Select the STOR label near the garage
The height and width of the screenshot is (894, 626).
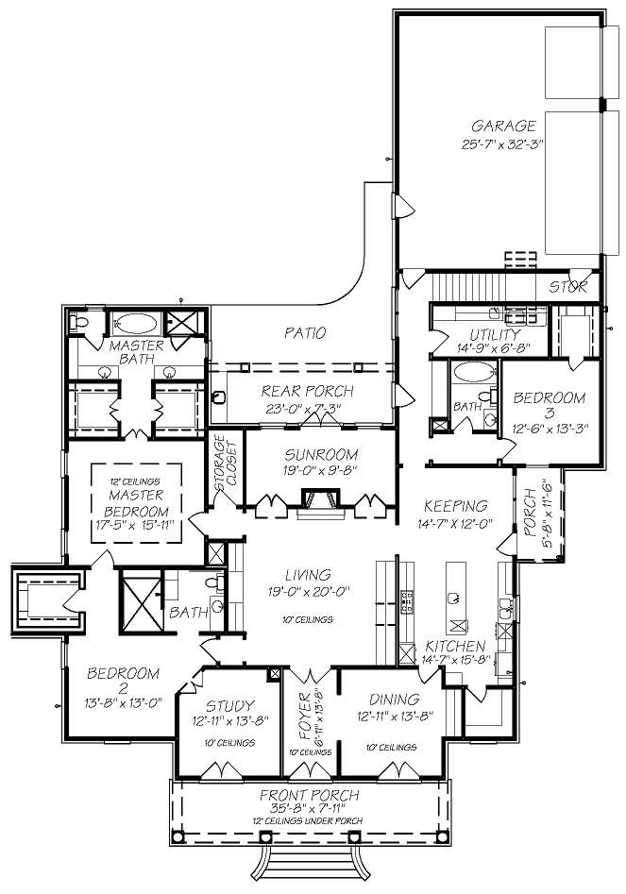(x=568, y=285)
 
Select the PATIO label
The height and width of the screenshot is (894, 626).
(x=304, y=332)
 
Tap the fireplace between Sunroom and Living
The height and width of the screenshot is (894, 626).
(x=315, y=500)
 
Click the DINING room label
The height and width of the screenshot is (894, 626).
(x=394, y=700)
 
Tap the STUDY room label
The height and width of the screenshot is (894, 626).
(x=228, y=705)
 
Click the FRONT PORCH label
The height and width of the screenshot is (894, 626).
(x=310, y=795)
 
